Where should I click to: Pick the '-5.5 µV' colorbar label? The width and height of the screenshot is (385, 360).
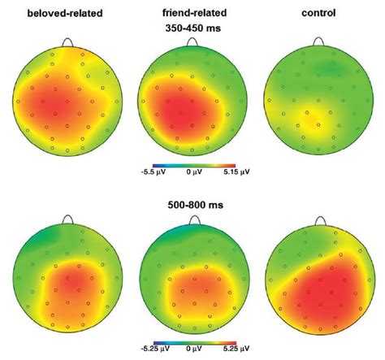144,173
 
